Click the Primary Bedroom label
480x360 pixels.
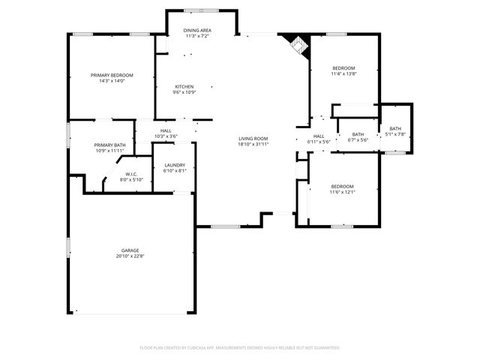pyautogui.click(x=112, y=75)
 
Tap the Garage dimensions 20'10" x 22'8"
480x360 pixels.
pyautogui.click(x=130, y=256)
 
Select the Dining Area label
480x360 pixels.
pyautogui.click(x=197, y=30)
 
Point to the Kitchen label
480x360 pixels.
pyautogui.click(x=184, y=86)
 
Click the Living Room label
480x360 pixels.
pyautogui.click(x=253, y=138)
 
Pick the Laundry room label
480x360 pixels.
pyautogui.click(x=174, y=164)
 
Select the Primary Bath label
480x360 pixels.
pyautogui.click(x=109, y=145)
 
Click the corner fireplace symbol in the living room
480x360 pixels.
pyautogui.click(x=298, y=44)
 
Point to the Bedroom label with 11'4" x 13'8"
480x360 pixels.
pyautogui.click(x=343, y=68)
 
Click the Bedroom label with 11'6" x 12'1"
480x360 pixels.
pyautogui.click(x=343, y=186)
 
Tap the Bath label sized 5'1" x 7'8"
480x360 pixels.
pyautogui.click(x=394, y=128)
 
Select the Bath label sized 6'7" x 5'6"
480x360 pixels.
pyautogui.click(x=358, y=134)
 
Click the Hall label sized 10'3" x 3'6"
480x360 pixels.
pyautogui.click(x=166, y=130)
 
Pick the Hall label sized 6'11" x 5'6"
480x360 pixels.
pyautogui.click(x=319, y=136)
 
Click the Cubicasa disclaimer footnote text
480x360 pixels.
pyautogui.click(x=240, y=347)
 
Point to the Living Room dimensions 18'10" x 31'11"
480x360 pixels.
pyautogui.click(x=253, y=144)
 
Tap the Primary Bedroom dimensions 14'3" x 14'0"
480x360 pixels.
pyautogui.click(x=112, y=81)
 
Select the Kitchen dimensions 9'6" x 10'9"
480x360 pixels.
pyautogui.click(x=184, y=92)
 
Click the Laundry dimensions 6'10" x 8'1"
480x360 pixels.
pyautogui.click(x=174, y=170)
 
